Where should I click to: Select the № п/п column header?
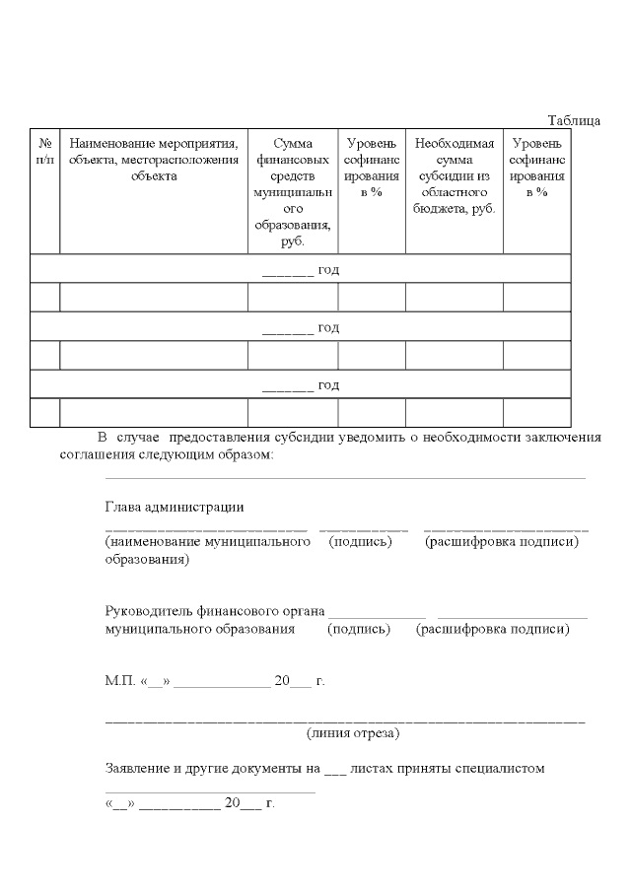tap(44, 152)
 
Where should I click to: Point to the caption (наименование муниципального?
tap(208, 542)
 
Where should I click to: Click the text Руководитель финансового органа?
tap(215, 612)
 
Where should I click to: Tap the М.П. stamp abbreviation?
tap(120, 681)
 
